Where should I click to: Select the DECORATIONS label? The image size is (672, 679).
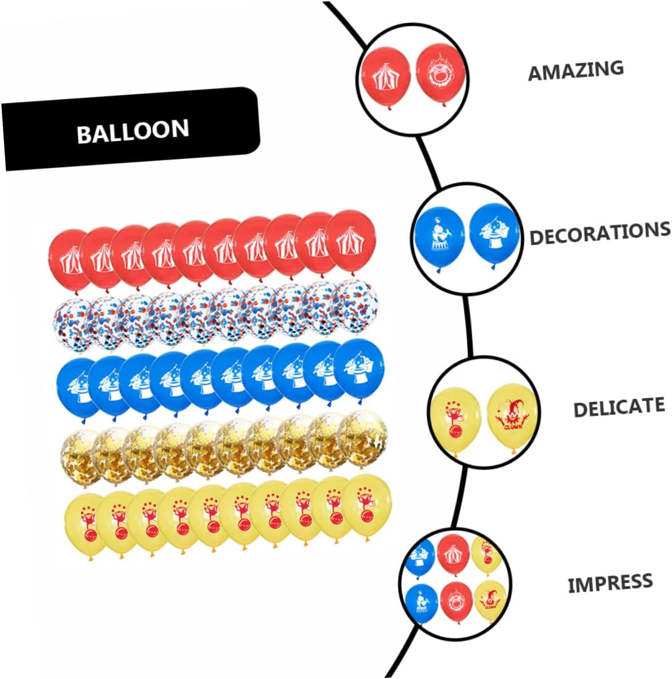(599, 233)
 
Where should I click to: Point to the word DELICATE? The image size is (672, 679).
(618, 407)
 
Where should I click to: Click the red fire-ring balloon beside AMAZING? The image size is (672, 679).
(437, 73)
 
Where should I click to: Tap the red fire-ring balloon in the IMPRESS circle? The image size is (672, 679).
(456, 601)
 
